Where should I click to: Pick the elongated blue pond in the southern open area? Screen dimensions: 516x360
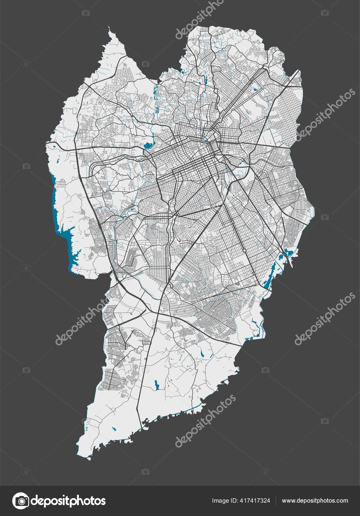point(156,385)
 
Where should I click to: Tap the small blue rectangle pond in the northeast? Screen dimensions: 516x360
point(254,90)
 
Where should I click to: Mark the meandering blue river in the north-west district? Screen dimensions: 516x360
point(156,100)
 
